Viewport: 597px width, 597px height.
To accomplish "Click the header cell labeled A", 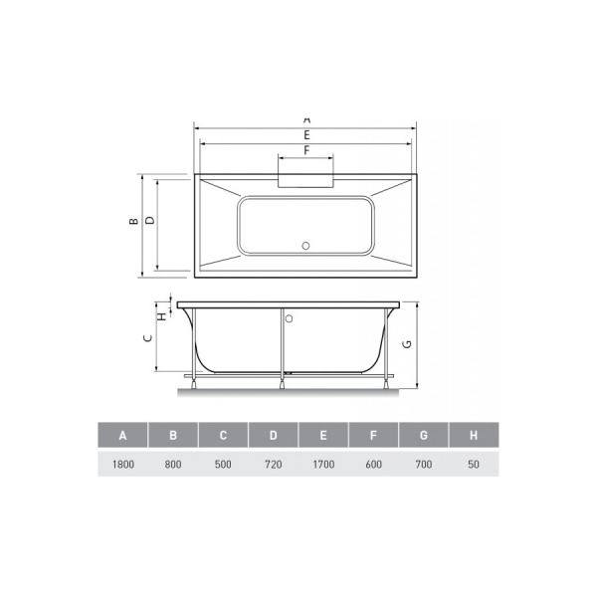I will [122, 436].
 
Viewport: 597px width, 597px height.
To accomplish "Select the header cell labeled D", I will [273, 436].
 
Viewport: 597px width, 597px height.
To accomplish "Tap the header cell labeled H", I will [474, 436].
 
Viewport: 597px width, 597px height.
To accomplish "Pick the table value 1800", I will [122, 463].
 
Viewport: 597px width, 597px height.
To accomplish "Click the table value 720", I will [273, 463].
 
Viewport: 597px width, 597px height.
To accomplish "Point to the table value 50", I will [474, 463].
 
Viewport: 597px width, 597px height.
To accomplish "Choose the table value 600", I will [373, 463].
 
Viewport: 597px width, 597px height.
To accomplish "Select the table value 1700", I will [323, 463].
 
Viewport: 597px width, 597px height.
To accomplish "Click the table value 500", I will [223, 463].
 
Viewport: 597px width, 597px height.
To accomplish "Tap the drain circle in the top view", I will [306, 243].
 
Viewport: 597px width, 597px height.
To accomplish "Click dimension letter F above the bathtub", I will [306, 150].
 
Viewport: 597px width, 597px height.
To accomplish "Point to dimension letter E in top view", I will [306, 134].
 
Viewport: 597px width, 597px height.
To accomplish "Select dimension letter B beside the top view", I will [132, 223].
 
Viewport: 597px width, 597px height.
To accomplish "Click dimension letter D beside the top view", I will [149, 223].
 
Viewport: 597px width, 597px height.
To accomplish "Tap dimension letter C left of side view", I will [147, 337].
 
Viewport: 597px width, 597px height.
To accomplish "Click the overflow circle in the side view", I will [290, 320].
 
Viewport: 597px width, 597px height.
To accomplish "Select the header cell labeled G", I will [424, 436].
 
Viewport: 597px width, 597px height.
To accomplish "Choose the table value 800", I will [172, 463].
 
